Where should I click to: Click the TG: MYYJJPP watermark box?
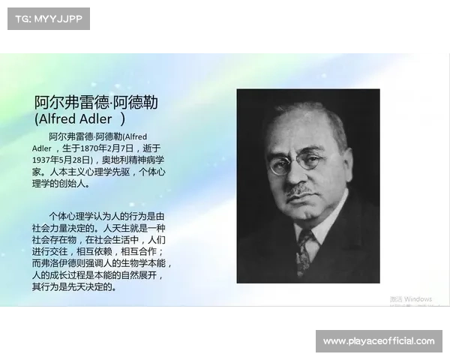point(48,18)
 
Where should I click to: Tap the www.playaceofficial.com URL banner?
point(378,341)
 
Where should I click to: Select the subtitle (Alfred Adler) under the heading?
point(79,119)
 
